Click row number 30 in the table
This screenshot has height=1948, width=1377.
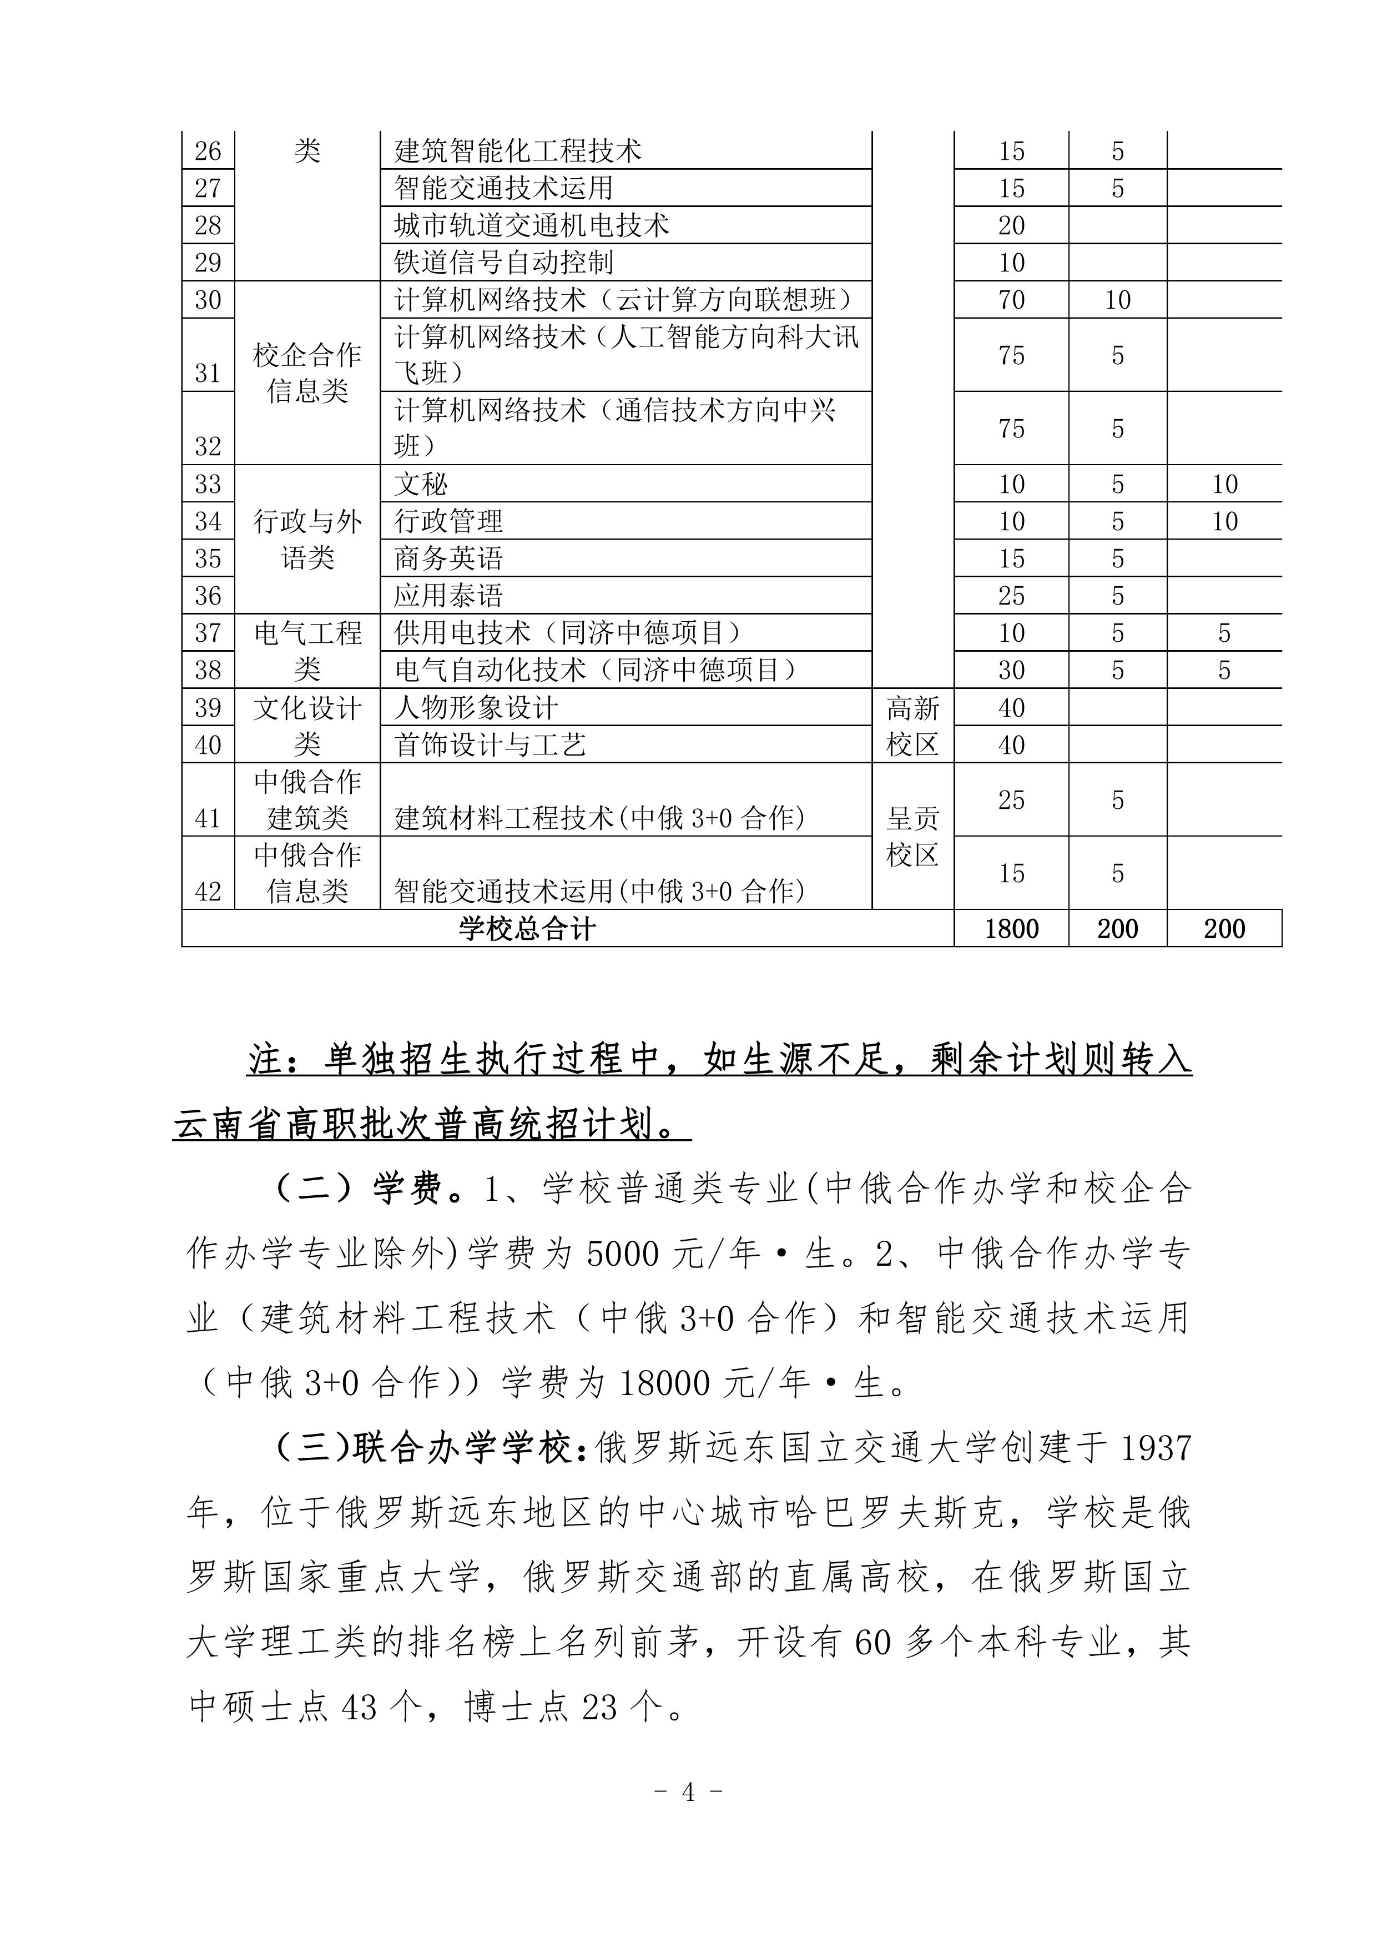coord(208,299)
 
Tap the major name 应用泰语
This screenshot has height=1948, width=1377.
coord(448,596)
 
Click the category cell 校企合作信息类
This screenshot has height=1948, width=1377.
coord(307,373)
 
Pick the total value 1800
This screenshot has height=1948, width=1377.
coord(1011,928)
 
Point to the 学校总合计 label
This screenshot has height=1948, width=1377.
coord(527,928)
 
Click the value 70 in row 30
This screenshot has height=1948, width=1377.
coord(1011,299)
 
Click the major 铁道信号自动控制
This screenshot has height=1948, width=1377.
coord(503,262)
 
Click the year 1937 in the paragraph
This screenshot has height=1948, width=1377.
coord(1156,1449)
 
